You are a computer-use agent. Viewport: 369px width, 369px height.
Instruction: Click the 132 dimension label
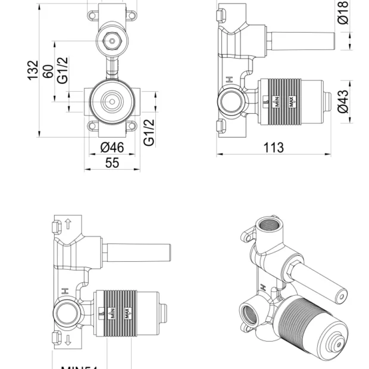tap(33, 70)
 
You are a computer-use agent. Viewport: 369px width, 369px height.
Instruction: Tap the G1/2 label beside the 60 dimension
tap(63, 70)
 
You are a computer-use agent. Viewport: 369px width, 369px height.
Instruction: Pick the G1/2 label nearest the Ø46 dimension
tap(149, 132)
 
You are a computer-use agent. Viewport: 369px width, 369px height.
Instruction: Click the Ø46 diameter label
tap(112, 147)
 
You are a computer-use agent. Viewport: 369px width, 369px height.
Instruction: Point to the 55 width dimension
tap(112, 162)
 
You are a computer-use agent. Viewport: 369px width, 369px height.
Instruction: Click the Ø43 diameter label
tap(343, 101)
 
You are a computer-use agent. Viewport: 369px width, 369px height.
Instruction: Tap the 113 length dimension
tap(274, 147)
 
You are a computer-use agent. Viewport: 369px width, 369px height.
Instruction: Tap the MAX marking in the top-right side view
tap(292, 102)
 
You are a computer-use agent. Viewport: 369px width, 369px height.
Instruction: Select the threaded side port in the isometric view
tap(249, 311)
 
